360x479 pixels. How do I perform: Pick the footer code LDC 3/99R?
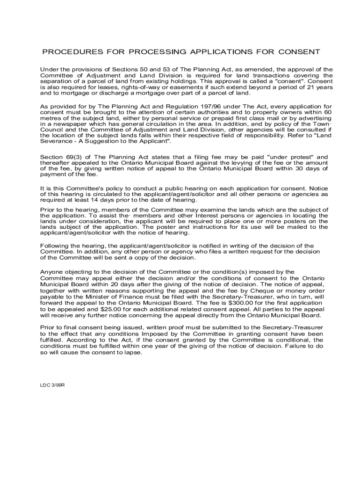pos(52,385)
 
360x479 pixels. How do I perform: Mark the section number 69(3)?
pos(75,157)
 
